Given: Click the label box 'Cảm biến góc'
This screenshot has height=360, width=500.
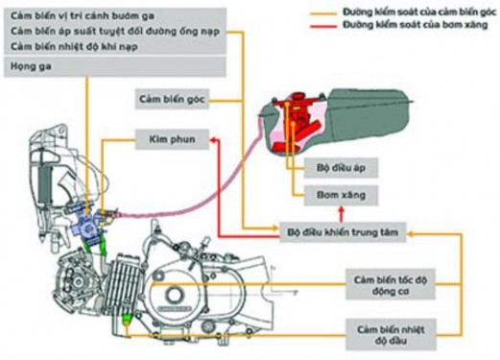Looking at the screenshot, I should (174, 98).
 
